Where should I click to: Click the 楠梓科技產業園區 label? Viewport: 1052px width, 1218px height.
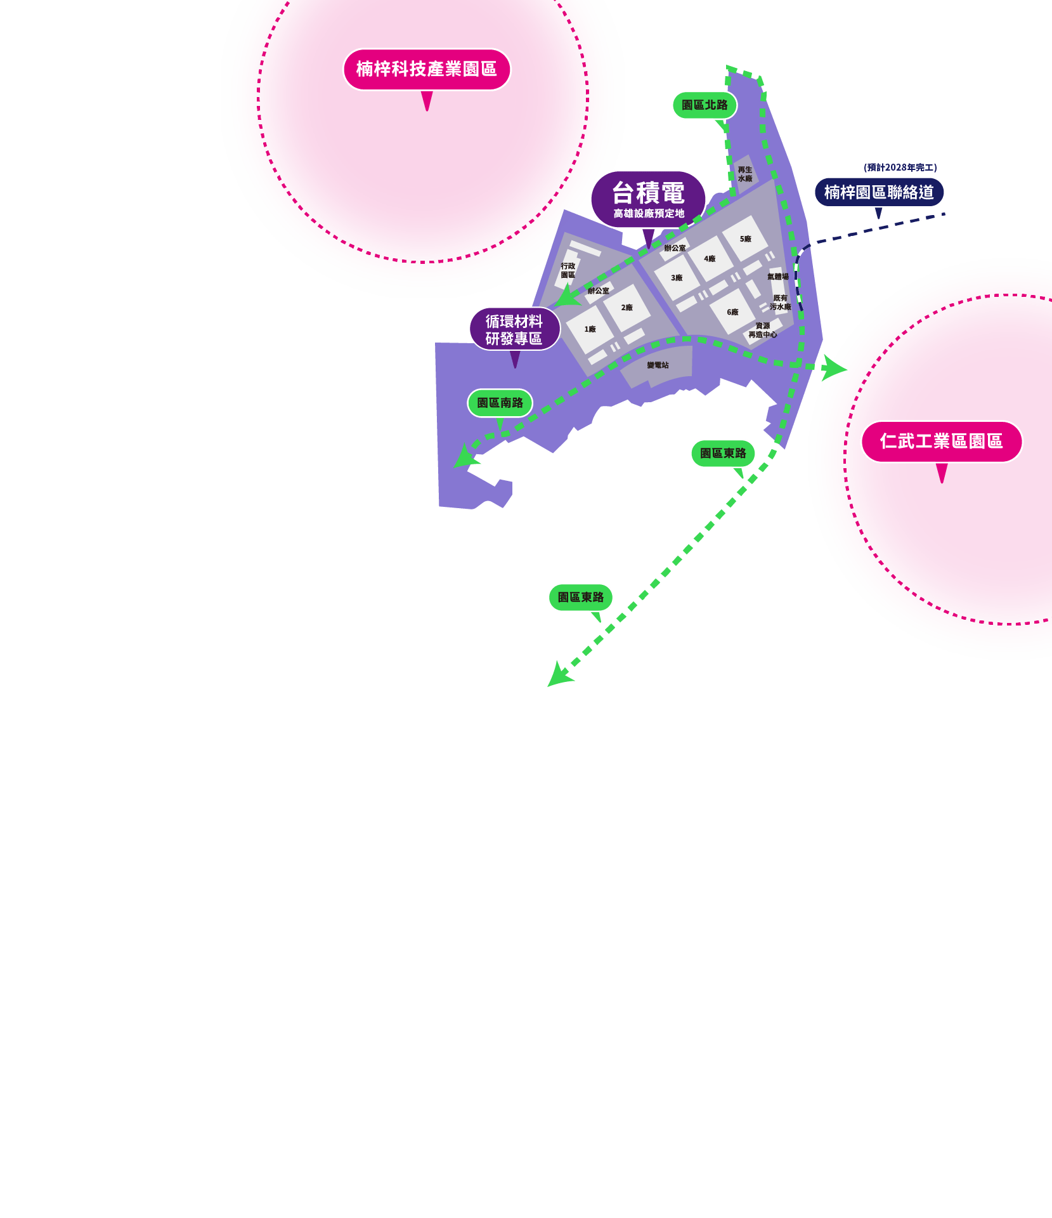[x=426, y=69]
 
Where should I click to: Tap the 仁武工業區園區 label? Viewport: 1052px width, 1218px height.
[x=941, y=442]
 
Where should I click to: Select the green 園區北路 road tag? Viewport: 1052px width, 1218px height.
[x=705, y=105]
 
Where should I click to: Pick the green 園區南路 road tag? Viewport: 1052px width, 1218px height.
[x=500, y=403]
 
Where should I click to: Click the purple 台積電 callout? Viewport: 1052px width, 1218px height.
[x=648, y=199]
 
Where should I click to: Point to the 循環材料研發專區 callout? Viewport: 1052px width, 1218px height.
[x=514, y=329]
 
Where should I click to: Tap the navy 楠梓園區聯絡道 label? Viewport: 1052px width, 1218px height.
[x=879, y=192]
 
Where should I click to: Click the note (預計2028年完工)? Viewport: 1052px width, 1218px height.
[x=900, y=167]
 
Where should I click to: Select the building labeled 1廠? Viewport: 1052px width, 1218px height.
[x=590, y=329]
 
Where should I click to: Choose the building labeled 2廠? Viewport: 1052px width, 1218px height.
[x=627, y=308]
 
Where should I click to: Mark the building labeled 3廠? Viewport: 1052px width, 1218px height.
[x=677, y=278]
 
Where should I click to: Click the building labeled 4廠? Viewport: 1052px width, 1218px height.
[x=710, y=259]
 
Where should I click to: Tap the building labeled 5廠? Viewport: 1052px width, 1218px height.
[x=745, y=239]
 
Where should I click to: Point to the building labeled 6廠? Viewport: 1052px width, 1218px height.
[x=732, y=312]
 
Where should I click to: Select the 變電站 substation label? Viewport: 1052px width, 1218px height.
[x=658, y=365]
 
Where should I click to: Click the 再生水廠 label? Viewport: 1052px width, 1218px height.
[x=745, y=174]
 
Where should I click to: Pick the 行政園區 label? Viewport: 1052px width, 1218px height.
[x=568, y=271]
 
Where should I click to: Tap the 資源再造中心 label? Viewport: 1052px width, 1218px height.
[x=762, y=331]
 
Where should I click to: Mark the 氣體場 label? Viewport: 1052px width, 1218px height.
[x=777, y=277]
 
